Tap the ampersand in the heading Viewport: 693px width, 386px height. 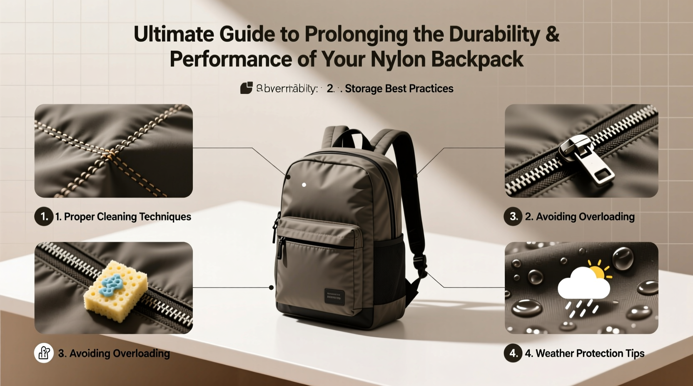pos(552,34)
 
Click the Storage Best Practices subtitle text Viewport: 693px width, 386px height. pos(399,89)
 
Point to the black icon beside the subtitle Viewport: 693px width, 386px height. pos(247,88)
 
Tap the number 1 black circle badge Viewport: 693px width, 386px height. pos(44,216)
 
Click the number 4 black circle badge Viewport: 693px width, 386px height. pos(513,353)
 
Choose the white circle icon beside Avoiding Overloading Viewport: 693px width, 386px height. pos(44,353)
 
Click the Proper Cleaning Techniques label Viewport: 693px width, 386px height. pos(123,217)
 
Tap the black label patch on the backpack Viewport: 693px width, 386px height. pos(334,297)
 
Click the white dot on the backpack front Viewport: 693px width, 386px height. pos(304,185)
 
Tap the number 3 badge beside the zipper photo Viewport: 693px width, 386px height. pos(513,216)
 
